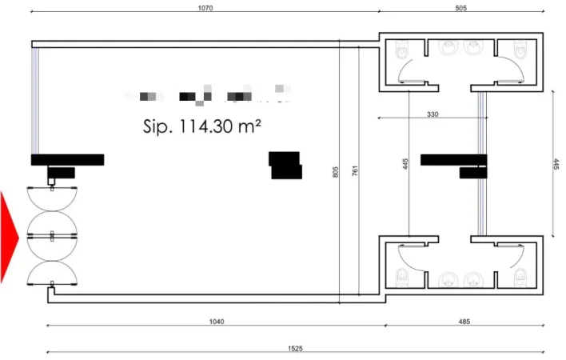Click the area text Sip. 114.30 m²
[203, 126]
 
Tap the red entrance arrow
[9, 237]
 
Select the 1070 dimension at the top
[205, 8]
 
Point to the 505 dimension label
[460, 8]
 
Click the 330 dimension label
[432, 115]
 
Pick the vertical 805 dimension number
[335, 170]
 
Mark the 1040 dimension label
[216, 322]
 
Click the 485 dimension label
[464, 322]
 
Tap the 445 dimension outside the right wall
[556, 163]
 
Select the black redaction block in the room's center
[285, 165]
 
